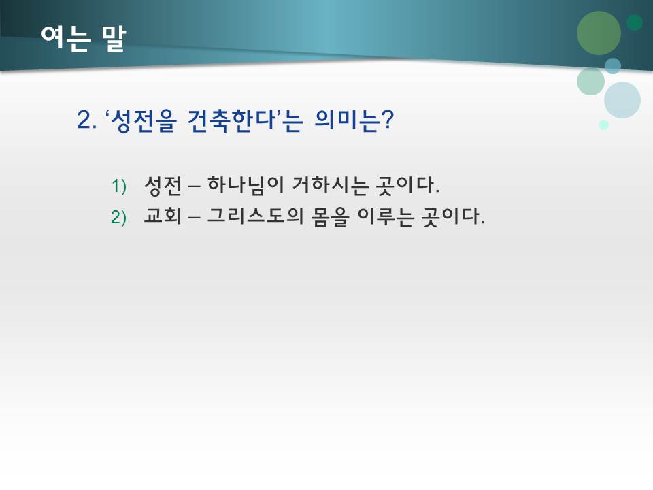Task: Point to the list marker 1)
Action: click(119, 185)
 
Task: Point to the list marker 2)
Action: click(119, 218)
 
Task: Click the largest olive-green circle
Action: click(599, 33)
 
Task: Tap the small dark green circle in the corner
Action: click(635, 22)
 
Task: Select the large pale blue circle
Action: click(622, 100)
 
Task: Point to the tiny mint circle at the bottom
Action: click(603, 125)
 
